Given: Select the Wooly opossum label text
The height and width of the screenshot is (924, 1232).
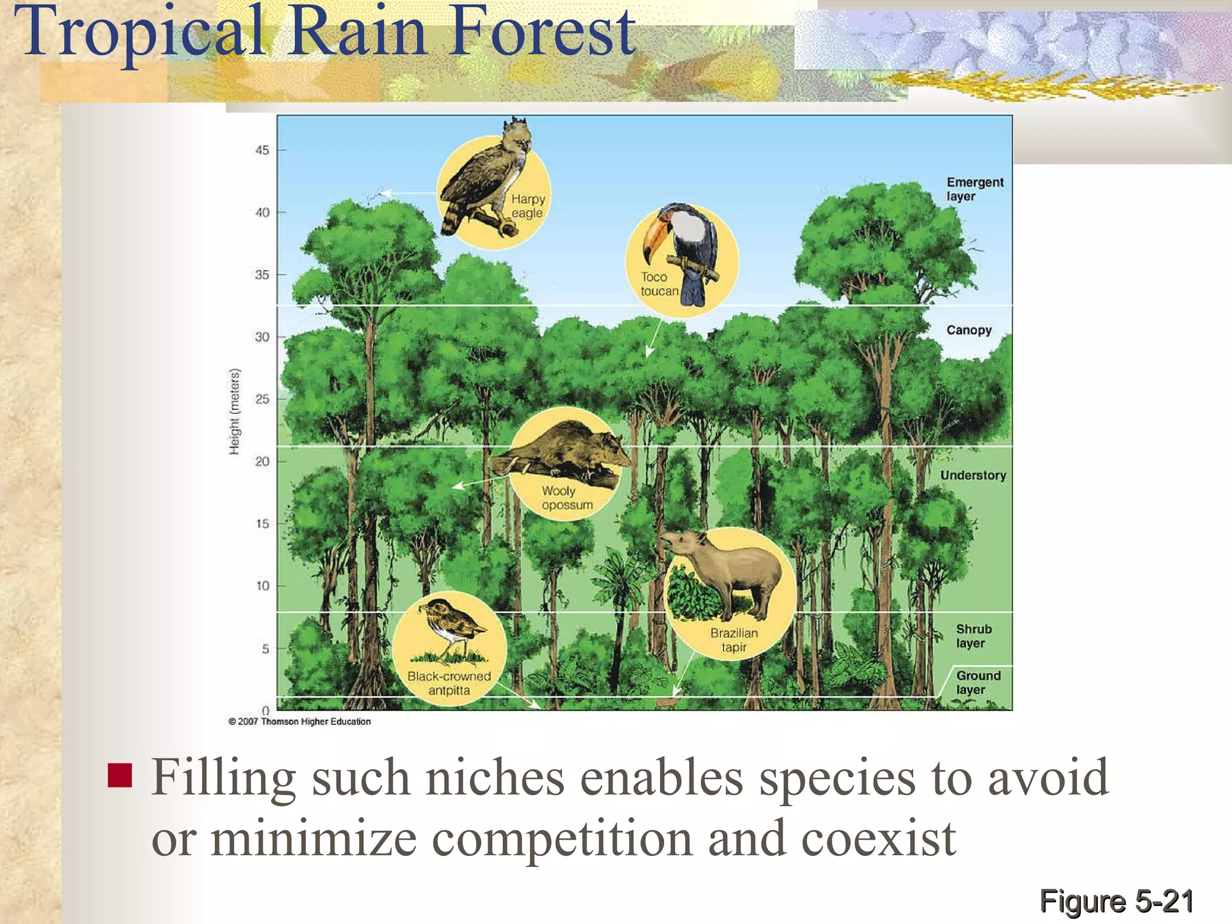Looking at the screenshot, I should coord(567,498).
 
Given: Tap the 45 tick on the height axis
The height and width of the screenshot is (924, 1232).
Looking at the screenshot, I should coord(262,150).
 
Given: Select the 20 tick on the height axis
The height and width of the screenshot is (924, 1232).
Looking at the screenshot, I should coord(262,461).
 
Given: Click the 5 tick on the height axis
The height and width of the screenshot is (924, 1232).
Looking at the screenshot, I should coord(265,648).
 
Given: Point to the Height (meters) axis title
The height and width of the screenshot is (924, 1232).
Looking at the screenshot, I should coord(235,411).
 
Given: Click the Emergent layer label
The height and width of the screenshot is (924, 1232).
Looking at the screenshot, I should coord(975,189).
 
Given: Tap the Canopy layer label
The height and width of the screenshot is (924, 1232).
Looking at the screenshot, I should coord(969,330).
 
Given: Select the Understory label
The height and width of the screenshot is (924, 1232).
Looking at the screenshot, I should coord(973,475).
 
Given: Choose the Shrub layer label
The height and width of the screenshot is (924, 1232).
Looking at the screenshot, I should coord(973,636).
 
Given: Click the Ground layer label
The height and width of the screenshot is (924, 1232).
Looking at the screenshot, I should coord(978,682).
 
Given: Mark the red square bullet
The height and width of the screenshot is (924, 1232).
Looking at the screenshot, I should coord(120,775).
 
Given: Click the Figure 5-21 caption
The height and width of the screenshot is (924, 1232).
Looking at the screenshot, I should coord(1116,902).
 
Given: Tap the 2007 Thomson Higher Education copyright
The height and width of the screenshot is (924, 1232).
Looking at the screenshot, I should coord(300,721).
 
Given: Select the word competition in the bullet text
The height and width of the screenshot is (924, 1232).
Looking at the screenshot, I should coord(562,839).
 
